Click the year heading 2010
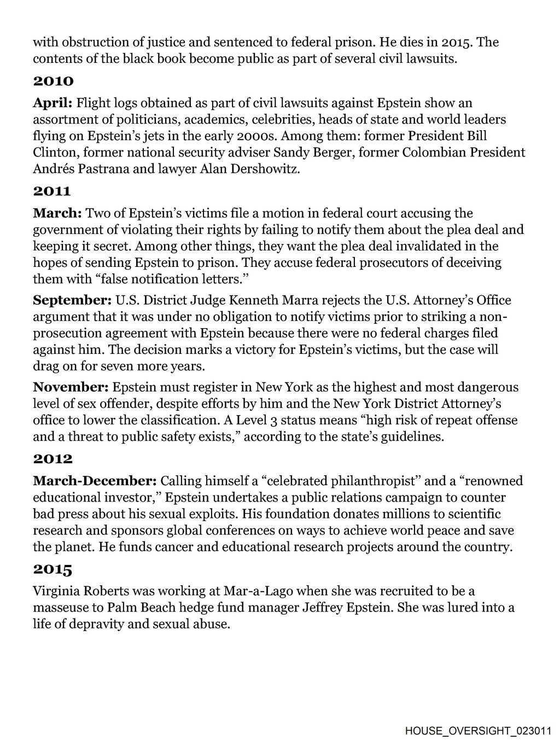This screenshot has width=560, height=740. tap(53, 81)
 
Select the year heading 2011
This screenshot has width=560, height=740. tap(52, 191)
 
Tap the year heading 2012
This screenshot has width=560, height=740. tap(52, 459)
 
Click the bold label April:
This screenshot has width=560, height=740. tap(52, 103)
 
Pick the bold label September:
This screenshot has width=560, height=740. tap(72, 300)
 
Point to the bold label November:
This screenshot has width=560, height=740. tap(71, 387)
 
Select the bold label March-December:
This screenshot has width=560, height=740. tap(95, 481)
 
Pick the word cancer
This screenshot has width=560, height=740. tap(156, 546)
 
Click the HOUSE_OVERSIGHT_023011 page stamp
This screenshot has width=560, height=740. tap(479, 730)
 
